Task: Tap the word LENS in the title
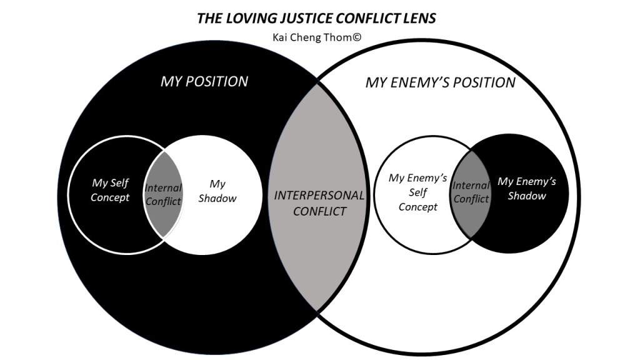pyautogui.click(x=419, y=18)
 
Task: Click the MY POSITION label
pyautogui.click(x=204, y=82)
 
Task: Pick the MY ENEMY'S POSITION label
pyautogui.click(x=441, y=82)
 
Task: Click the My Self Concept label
pyautogui.click(x=111, y=190)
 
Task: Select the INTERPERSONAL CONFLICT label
pyautogui.click(x=319, y=203)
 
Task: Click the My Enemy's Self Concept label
pyautogui.click(x=418, y=192)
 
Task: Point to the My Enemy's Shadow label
pyautogui.click(x=526, y=188)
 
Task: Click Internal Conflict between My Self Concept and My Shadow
pyautogui.click(x=163, y=194)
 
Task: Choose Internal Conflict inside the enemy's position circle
pyautogui.click(x=471, y=192)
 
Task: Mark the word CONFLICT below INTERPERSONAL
pyautogui.click(x=319, y=211)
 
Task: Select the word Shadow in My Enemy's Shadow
pyautogui.click(x=527, y=196)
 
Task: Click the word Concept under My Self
pyautogui.click(x=111, y=197)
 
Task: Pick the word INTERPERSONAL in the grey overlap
pyautogui.click(x=319, y=195)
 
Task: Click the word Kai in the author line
pyautogui.click(x=281, y=36)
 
